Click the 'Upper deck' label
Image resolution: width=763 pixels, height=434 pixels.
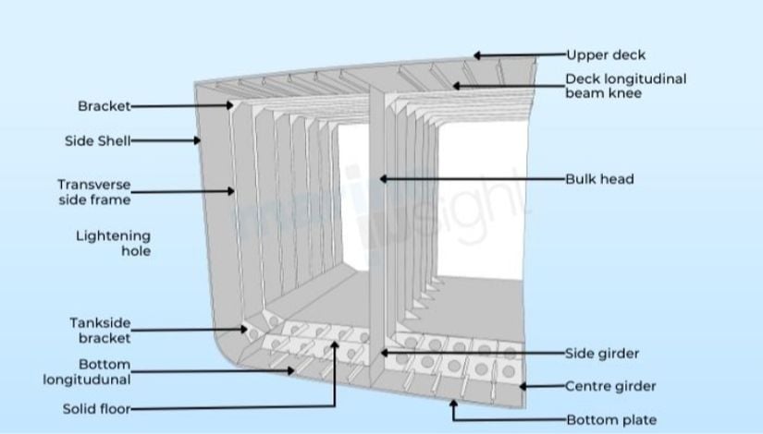pyautogui.click(x=606, y=54)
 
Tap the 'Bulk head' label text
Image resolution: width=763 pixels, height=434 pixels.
pyautogui.click(x=599, y=179)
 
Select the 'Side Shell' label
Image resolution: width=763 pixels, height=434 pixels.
pyautogui.click(x=98, y=141)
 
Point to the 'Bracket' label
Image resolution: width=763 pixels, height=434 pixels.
pyautogui.click(x=105, y=106)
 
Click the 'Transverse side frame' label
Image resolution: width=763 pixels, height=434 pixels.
pyautogui.click(x=94, y=192)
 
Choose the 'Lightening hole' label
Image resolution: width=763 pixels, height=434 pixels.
pyautogui.click(x=114, y=243)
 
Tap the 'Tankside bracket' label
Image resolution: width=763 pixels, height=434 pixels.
pyautogui.click(x=100, y=331)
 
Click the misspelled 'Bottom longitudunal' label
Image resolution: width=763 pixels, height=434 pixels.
pyautogui.click(x=87, y=372)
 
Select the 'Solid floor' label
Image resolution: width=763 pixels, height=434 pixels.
pyautogui.click(x=97, y=409)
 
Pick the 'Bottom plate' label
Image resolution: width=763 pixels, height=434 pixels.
pyautogui.click(x=611, y=419)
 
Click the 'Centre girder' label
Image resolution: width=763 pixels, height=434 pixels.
pyautogui.click(x=610, y=386)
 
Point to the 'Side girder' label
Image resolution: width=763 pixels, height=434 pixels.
pyautogui.click(x=602, y=354)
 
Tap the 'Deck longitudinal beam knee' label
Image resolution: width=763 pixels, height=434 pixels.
pyautogui.click(x=626, y=86)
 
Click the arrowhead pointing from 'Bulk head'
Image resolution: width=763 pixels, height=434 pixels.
pyautogui.click(x=384, y=179)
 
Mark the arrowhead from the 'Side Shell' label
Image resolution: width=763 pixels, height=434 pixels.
pyautogui.click(x=197, y=140)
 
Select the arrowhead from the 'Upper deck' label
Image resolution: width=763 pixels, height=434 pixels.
pyautogui.click(x=477, y=55)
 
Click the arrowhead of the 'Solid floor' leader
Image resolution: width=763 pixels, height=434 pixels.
pyautogui.click(x=335, y=344)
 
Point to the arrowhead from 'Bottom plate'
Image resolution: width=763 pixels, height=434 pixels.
pyautogui.click(x=453, y=403)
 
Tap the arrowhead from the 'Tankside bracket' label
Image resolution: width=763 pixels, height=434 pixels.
pyautogui.click(x=244, y=329)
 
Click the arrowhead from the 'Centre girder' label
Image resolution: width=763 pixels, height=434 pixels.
pyautogui.click(x=523, y=386)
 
